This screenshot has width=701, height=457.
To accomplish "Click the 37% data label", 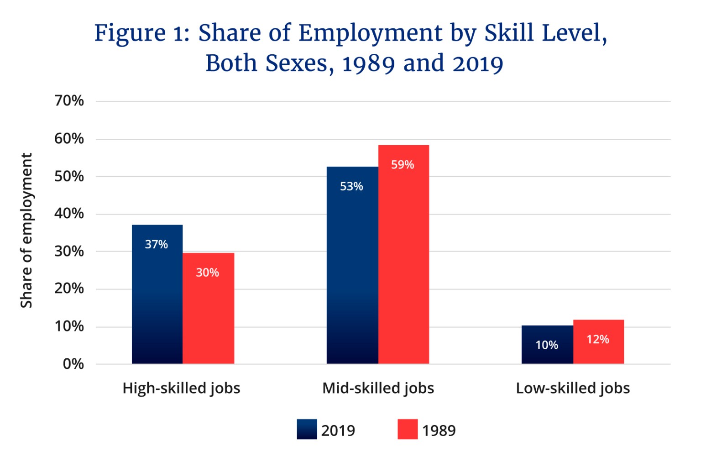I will (x=156, y=244).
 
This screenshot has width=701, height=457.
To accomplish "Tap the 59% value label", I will (x=403, y=164).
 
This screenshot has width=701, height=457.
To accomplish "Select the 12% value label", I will (x=598, y=339).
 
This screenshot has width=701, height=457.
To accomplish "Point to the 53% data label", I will (x=351, y=186).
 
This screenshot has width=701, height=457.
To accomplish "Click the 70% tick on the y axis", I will (x=69, y=100).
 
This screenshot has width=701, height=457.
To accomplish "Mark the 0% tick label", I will (x=73, y=364).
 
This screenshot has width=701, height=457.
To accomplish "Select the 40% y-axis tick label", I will (x=69, y=213).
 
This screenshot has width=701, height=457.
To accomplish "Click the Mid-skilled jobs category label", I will (x=378, y=388).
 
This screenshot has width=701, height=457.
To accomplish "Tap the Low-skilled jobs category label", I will (x=573, y=388).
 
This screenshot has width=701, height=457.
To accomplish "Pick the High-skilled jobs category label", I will (x=181, y=388).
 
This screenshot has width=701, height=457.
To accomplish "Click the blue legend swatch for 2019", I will (x=307, y=429).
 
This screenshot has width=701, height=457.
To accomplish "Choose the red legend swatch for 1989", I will (x=408, y=429).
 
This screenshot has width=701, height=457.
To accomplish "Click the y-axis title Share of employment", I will (x=26, y=231).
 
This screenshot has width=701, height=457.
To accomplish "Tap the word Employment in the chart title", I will (x=370, y=33).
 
